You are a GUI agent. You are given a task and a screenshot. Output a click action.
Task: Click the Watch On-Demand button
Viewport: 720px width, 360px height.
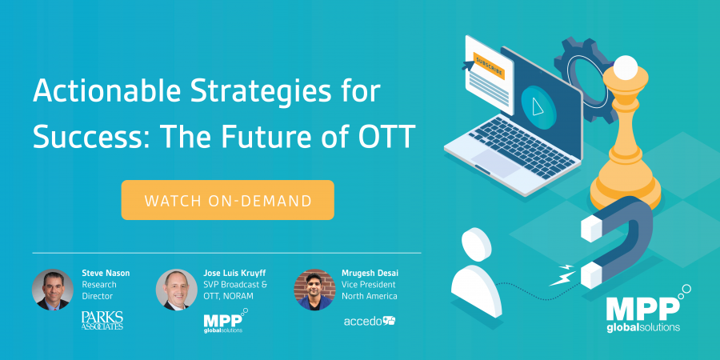pos(228,200)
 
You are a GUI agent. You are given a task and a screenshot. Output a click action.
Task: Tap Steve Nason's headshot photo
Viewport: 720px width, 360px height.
pos(52,290)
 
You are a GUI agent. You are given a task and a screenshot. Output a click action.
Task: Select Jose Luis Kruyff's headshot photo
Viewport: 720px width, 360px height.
pos(176,290)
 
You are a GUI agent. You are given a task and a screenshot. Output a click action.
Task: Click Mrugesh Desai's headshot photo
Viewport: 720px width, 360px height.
pos(314,290)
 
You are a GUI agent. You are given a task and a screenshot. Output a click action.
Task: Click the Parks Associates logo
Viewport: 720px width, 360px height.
pos(102,321)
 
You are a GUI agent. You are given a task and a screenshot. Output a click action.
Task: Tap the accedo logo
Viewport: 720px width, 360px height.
pos(370,321)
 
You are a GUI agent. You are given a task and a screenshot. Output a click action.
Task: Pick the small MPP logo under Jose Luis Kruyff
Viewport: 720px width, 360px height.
pos(225,321)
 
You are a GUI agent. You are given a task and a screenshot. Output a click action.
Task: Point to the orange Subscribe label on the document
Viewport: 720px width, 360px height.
pos(489,66)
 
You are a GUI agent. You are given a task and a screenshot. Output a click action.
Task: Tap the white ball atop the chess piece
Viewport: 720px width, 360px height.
pos(625,67)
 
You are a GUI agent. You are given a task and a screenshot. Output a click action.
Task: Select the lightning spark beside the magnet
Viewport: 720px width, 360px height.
pos(562,275)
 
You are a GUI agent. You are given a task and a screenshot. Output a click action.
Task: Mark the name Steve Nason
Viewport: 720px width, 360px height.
pos(106,274)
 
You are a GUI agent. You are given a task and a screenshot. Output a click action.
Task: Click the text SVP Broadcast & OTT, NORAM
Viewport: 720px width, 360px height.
pos(235,290)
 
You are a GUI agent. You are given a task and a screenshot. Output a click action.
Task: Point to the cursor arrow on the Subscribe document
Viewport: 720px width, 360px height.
pos(468,65)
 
